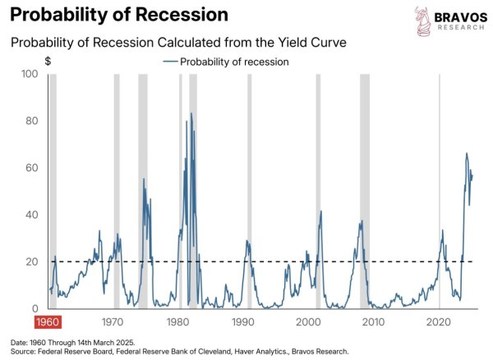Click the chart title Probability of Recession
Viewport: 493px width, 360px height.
pos(119,15)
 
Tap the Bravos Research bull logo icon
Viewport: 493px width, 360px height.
pos(422,21)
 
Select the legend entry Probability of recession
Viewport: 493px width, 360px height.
pos(226,62)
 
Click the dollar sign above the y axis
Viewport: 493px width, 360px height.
pos(48,61)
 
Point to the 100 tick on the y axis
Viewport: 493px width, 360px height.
pos(30,74)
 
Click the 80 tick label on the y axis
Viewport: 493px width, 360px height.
pos(32,121)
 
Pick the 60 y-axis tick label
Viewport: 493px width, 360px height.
pos(32,168)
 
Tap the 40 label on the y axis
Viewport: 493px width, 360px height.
pos(32,215)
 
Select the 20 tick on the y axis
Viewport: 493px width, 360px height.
pos(32,261)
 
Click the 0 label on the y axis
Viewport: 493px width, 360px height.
pos(35,308)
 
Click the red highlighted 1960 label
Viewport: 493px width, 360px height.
pos(48,322)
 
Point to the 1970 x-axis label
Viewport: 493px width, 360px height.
pos(113,322)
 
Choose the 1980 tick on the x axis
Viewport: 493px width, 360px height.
pos(177,322)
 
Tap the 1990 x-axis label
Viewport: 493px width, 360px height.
pos(242,322)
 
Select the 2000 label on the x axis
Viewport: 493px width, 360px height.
pos(308,322)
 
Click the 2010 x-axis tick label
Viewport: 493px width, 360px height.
pos(373,322)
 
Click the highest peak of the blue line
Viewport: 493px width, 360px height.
pos(191,113)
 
